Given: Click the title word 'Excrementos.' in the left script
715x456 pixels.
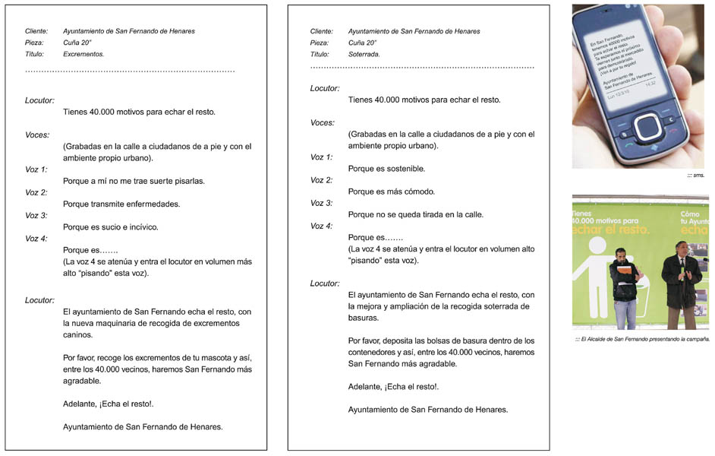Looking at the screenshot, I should coord(83,55).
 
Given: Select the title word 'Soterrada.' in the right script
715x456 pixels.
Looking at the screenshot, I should coord(364,55).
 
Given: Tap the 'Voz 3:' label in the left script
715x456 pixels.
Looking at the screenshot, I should coord(36,216).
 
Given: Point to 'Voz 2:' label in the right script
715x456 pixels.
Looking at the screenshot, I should coord(322,181).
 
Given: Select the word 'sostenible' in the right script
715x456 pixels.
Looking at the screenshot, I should coord(405,169).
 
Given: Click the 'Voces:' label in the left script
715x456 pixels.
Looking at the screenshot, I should coord(37,135).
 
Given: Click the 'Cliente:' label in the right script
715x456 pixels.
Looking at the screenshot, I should coord(322,31).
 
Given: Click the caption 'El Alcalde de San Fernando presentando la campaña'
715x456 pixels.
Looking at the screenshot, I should coord(644,339).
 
